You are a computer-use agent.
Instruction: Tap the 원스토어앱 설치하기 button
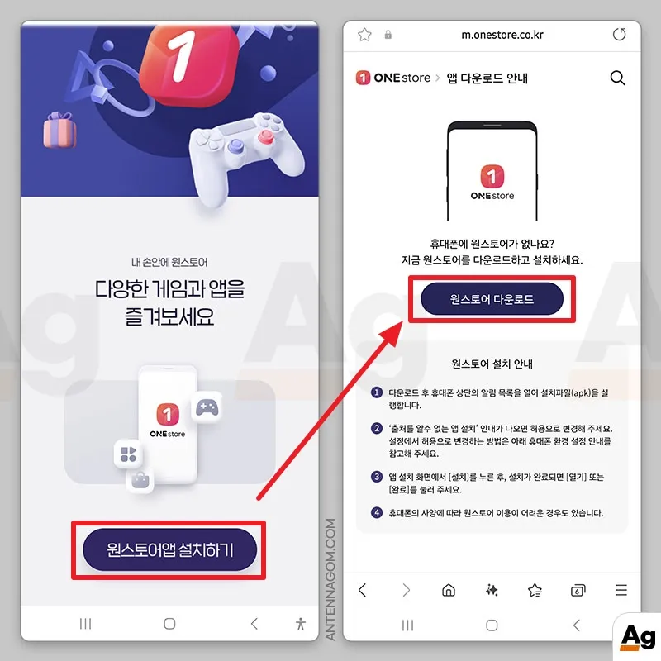pyautogui.click(x=169, y=549)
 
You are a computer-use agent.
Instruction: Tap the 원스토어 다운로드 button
pyautogui.click(x=492, y=299)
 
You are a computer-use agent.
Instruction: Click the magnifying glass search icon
pyautogui.click(x=617, y=78)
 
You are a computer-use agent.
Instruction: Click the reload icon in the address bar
pyautogui.click(x=619, y=35)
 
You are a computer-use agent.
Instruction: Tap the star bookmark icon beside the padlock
pyautogui.click(x=364, y=35)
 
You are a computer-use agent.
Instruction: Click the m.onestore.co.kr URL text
pyautogui.click(x=502, y=35)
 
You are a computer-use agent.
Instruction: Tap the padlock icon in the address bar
pyautogui.click(x=388, y=35)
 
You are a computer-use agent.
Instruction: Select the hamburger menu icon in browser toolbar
pyautogui.click(x=621, y=590)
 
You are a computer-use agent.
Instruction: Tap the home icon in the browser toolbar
pyautogui.click(x=449, y=590)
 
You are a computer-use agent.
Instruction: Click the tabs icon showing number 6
pyautogui.click(x=578, y=590)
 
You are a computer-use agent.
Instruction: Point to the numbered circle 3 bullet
pyautogui.click(x=377, y=477)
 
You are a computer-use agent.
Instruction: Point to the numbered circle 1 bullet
pyautogui.click(x=377, y=392)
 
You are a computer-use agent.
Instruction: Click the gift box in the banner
pyautogui.click(x=59, y=130)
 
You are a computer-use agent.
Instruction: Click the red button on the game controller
pyautogui.click(x=265, y=137)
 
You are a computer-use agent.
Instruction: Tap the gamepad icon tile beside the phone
pyautogui.click(x=207, y=407)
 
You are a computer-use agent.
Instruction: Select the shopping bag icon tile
pyautogui.click(x=140, y=480)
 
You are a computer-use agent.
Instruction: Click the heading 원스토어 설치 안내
pyautogui.click(x=492, y=364)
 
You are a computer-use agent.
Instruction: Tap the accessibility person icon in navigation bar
pyautogui.click(x=301, y=624)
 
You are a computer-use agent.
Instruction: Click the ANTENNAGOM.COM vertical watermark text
pyautogui.click(x=330, y=579)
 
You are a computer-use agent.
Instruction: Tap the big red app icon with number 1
pyautogui.click(x=188, y=64)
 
